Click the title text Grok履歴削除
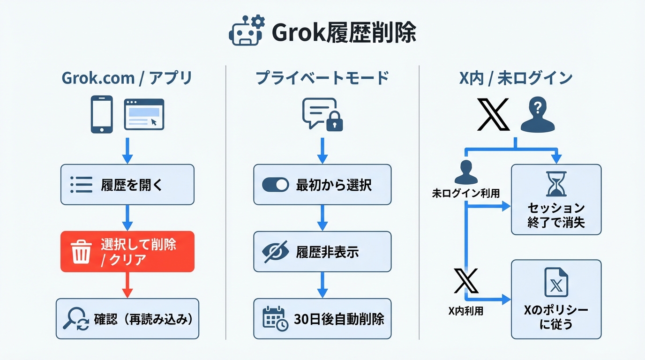pos(344,33)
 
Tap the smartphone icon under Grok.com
pos(101,114)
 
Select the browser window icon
pos(144,114)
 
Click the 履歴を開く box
pos(127,185)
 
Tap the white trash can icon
pos(81,252)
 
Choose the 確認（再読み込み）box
pos(127,319)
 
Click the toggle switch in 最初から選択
pos(275,185)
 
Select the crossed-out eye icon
pos(276,252)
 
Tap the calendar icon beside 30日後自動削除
pos(275,319)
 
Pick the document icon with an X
pos(556,283)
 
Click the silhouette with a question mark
pos(538,114)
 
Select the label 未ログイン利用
pos(465,193)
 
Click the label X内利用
pos(465,311)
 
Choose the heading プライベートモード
pos(322,78)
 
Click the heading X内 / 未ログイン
pos(515,78)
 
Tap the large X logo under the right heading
pos(492,114)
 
